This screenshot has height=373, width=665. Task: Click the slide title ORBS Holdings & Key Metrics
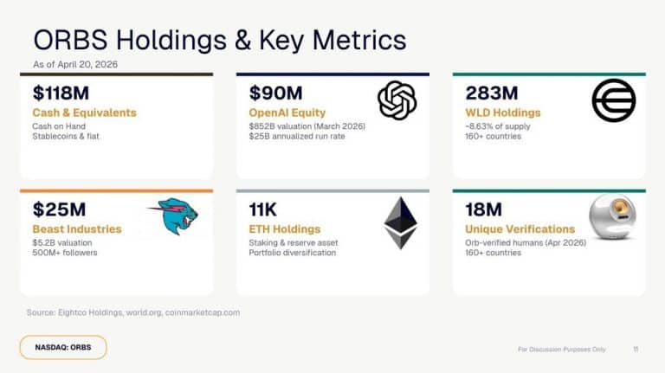(x=219, y=40)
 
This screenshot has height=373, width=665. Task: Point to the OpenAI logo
(x=397, y=100)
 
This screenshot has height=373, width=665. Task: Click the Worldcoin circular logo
(x=613, y=100)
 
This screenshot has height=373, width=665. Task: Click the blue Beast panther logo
(x=172, y=216)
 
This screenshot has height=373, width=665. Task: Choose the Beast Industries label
(x=76, y=229)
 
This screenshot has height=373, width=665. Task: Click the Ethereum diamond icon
(x=399, y=222)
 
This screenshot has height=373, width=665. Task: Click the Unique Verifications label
(x=520, y=229)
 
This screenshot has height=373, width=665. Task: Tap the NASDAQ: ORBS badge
(x=62, y=347)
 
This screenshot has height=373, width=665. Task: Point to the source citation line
(x=133, y=312)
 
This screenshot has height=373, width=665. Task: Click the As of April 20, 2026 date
(x=76, y=65)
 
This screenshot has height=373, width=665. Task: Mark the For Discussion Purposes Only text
(x=561, y=349)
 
